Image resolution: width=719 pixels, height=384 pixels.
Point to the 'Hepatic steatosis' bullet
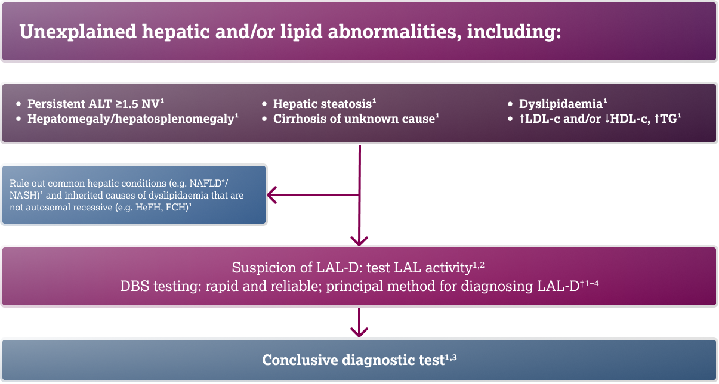(322, 103)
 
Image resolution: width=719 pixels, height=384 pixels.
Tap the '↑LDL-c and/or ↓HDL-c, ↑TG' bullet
(599, 119)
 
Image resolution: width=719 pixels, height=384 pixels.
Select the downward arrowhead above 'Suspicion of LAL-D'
(359, 240)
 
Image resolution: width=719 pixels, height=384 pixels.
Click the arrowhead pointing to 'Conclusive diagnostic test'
(359, 332)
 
